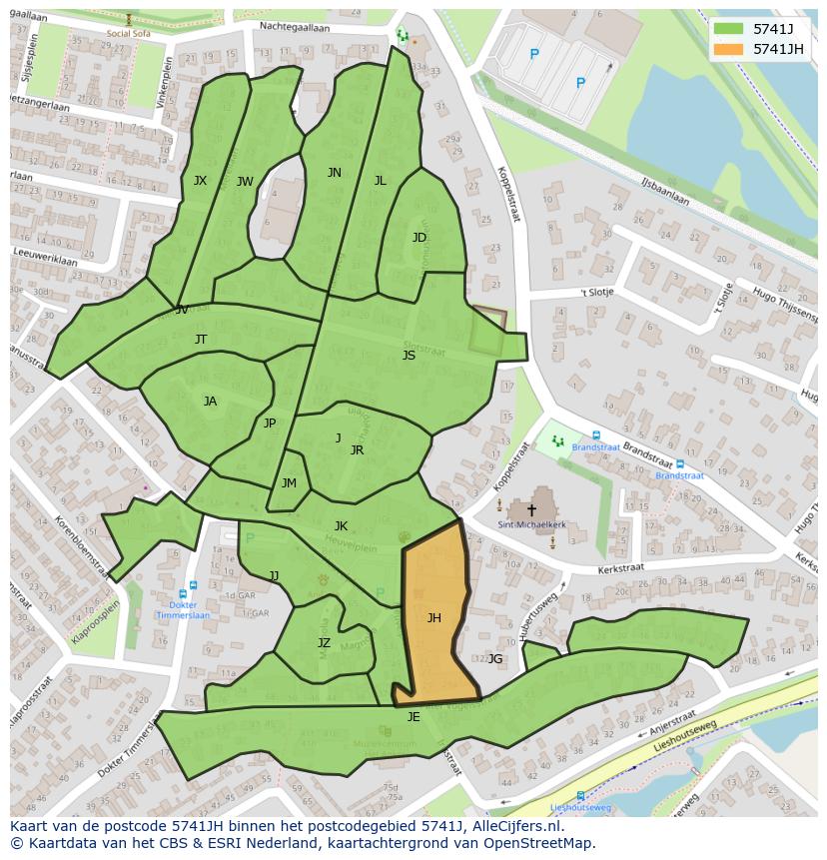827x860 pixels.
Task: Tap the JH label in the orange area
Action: point(433,618)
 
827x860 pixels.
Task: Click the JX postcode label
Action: point(200,181)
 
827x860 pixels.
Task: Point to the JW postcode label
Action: point(245,182)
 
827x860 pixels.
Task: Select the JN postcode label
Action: point(334,173)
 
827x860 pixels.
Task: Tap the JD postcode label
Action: point(419,238)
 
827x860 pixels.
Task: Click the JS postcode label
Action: point(409,356)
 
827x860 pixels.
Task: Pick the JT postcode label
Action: point(201,340)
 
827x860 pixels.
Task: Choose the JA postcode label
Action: point(210,402)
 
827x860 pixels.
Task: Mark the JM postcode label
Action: point(289,483)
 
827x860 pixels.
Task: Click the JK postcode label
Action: point(341,526)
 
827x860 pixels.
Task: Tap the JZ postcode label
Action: point(324,643)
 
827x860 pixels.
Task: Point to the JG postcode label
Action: point(495,658)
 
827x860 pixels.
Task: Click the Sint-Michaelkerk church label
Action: point(531,523)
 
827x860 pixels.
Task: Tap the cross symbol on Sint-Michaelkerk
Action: point(531,509)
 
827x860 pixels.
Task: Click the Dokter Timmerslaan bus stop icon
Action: point(193,587)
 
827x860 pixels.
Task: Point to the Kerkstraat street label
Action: point(620,567)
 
